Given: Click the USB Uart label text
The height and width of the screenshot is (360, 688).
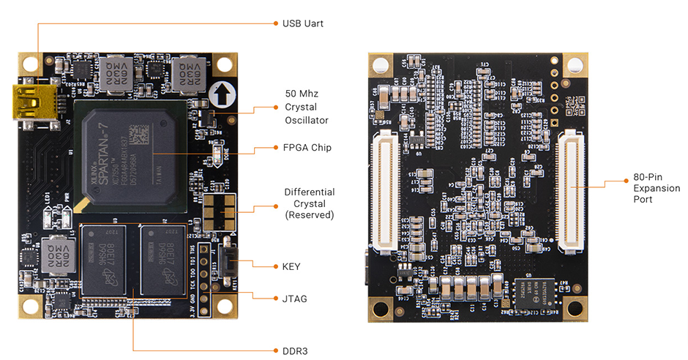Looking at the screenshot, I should pos(302,23).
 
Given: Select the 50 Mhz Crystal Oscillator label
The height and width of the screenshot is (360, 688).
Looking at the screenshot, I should pos(306,107).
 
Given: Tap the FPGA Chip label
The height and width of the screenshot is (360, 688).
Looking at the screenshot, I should pos(307,148).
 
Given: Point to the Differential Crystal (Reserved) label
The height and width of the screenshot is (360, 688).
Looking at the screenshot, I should pos(309,203).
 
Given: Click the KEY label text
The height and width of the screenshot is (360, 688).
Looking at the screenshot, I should pos(291,267).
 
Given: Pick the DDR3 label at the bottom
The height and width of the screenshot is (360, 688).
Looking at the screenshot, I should pos(294,351).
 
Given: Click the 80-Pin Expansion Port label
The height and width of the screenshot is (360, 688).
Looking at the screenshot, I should pos(652,189).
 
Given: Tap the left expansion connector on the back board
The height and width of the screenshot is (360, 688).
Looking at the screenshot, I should pos(384,190).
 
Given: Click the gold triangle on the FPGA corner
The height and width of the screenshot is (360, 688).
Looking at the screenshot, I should pos(87,203).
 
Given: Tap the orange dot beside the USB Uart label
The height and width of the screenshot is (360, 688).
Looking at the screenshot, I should pos(276,23).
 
